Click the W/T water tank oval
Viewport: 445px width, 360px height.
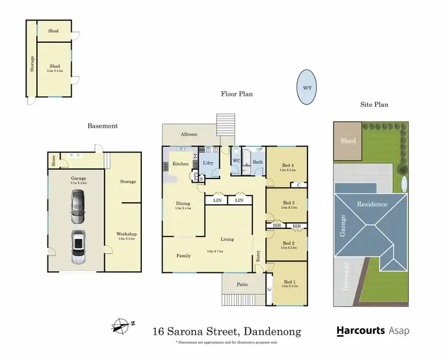(306, 87)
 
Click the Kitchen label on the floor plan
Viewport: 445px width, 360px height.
(180, 163)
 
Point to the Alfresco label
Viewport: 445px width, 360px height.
(189, 135)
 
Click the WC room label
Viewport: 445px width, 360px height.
(237, 161)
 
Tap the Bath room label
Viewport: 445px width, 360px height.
(258, 161)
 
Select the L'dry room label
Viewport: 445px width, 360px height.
(208, 163)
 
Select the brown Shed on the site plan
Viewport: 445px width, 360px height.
(348, 141)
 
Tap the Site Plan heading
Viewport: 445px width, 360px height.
(374, 105)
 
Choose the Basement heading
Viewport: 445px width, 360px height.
(103, 126)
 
